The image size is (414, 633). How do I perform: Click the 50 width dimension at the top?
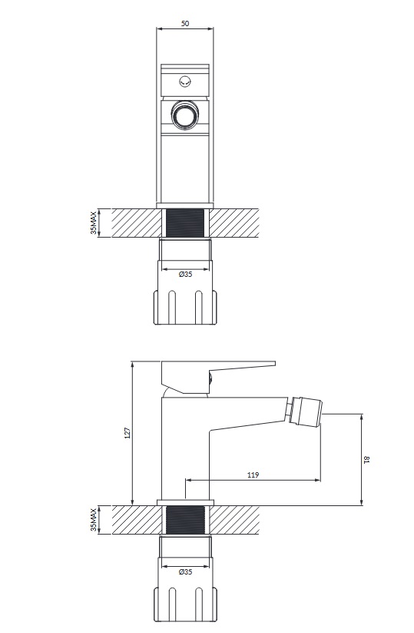[185, 23]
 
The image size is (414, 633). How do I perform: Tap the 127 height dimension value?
[128, 433]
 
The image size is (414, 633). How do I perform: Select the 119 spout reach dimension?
[253, 475]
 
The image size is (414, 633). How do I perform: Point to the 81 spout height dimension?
[366, 459]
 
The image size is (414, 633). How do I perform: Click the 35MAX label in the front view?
[94, 223]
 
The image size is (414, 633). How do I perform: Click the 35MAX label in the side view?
[94, 520]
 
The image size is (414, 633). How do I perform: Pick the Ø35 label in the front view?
[185, 274]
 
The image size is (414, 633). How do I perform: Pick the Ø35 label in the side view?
[185, 571]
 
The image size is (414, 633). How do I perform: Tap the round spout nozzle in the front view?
[185, 115]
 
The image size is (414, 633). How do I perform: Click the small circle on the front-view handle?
[185, 82]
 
